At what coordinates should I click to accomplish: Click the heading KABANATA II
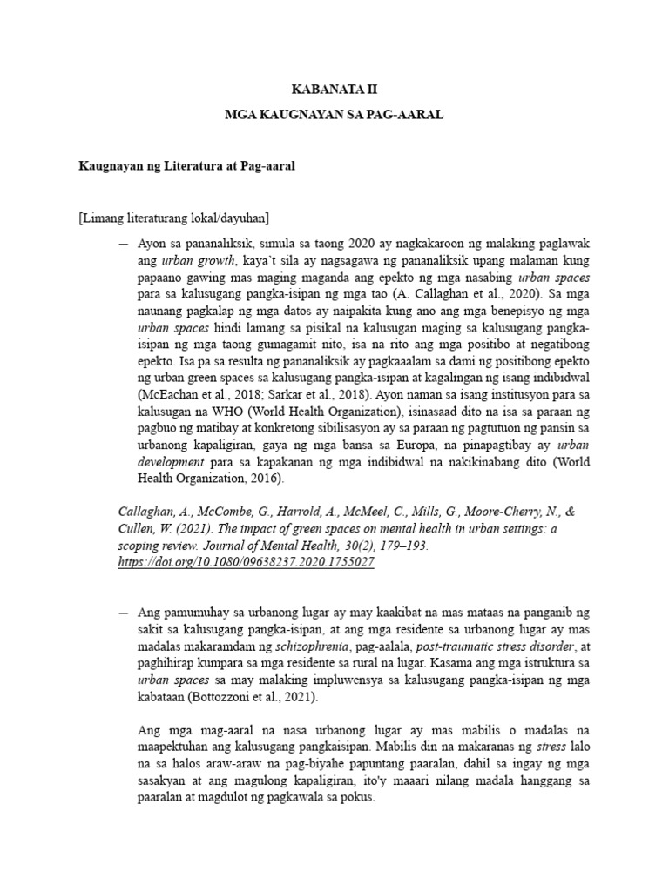pos(334,90)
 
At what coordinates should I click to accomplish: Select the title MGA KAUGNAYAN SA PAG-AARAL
pos(334,116)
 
